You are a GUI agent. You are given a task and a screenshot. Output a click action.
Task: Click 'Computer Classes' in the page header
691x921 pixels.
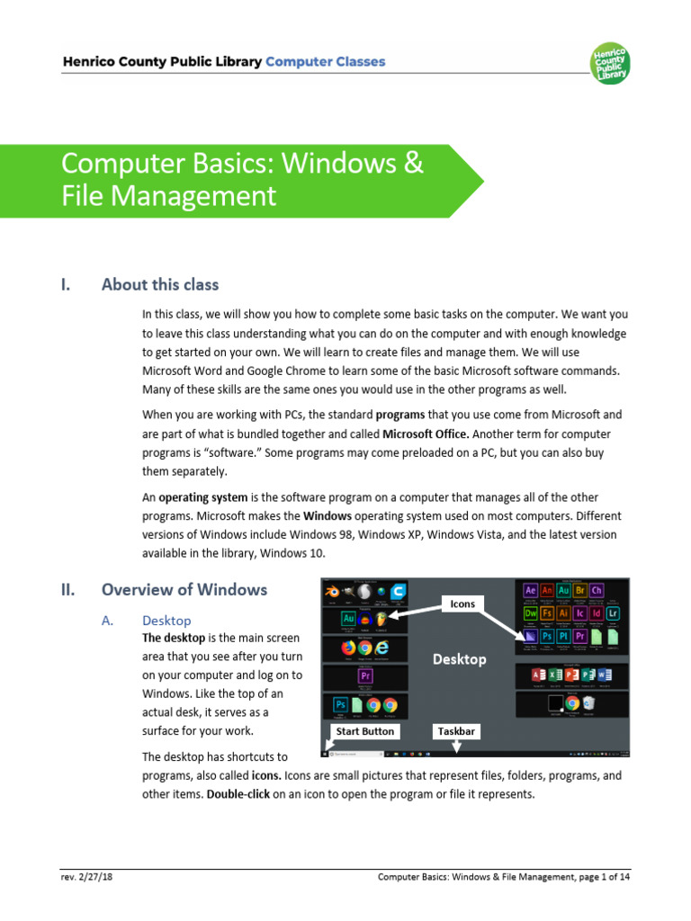pyautogui.click(x=326, y=62)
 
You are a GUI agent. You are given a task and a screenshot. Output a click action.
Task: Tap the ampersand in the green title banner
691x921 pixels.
pyautogui.click(x=412, y=165)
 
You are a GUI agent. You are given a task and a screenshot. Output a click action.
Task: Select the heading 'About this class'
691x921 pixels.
pyautogui.click(x=159, y=285)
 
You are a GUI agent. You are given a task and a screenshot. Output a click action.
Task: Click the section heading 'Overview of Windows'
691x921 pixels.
pyautogui.click(x=184, y=590)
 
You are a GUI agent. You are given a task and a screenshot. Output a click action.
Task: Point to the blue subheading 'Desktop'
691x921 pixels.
pyautogui.click(x=166, y=621)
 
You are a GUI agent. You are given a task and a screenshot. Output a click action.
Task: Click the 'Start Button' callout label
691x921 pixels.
pyautogui.click(x=364, y=731)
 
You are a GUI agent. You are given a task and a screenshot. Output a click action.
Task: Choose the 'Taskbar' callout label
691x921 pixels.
pyautogui.click(x=455, y=731)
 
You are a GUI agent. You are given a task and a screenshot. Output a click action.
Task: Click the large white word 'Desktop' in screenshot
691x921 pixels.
pyautogui.click(x=459, y=659)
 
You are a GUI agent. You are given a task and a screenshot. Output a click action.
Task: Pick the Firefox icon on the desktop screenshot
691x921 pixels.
pyautogui.click(x=347, y=647)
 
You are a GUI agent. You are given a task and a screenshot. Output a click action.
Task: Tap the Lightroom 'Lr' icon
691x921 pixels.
pyautogui.click(x=613, y=613)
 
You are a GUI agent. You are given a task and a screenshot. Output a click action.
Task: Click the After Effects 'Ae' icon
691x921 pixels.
pyautogui.click(x=530, y=590)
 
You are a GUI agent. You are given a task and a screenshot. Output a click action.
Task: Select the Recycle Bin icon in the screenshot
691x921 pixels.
pyautogui.click(x=590, y=702)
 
